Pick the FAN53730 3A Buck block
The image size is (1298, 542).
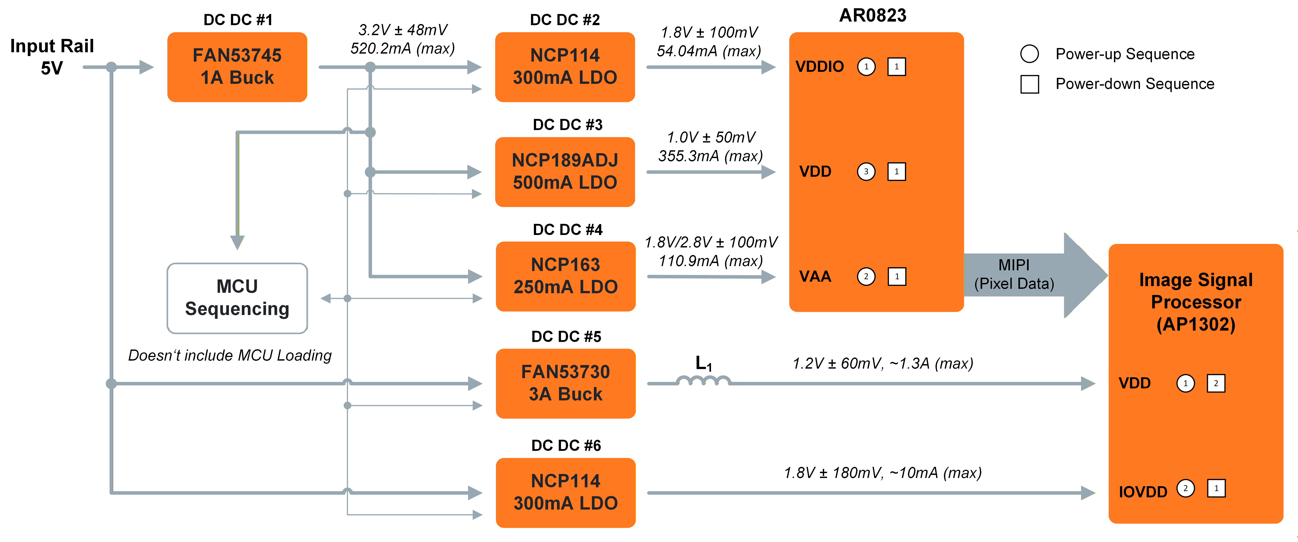[x=565, y=383]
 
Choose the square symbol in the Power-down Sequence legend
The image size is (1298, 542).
[x=1030, y=84]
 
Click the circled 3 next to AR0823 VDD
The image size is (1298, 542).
[x=866, y=171]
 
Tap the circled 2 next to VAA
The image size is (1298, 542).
[x=866, y=276]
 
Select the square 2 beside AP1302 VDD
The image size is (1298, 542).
[x=1216, y=383]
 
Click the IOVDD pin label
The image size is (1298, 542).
[x=1143, y=492]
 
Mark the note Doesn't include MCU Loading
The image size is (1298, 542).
[x=230, y=355]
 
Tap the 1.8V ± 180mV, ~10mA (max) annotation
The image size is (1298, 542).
[x=882, y=473]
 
